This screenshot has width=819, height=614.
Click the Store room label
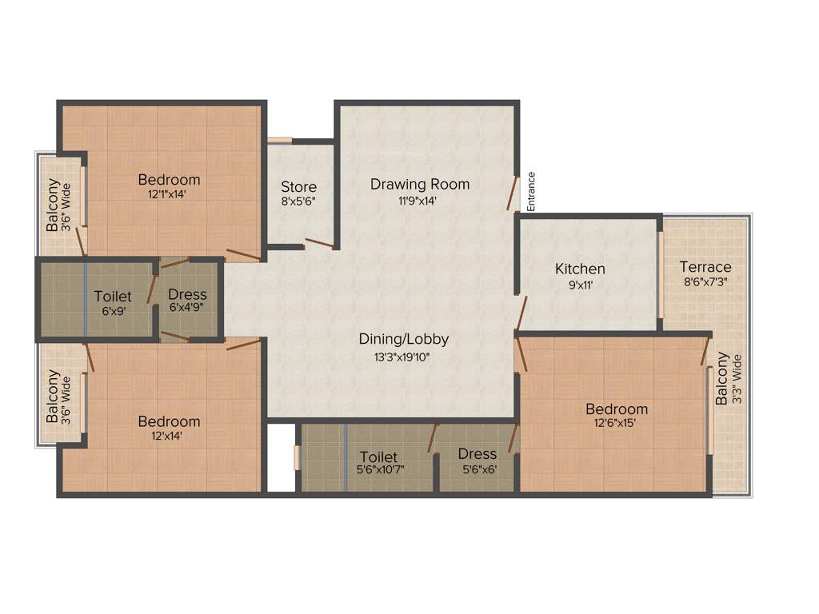(x=298, y=187)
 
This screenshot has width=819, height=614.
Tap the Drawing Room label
(x=420, y=184)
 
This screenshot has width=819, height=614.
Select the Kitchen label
(x=580, y=269)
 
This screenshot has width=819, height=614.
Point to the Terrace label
(x=705, y=266)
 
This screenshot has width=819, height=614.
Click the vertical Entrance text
(x=531, y=192)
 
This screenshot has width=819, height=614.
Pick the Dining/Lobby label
(x=404, y=339)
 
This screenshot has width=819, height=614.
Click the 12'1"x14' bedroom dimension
(x=168, y=193)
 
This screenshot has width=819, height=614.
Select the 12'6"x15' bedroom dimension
(x=614, y=423)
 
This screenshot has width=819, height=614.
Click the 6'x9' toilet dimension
(x=113, y=311)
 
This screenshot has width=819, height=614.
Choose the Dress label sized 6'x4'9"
(x=187, y=294)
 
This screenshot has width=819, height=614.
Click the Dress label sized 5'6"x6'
(x=477, y=454)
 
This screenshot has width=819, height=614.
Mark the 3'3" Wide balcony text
(x=737, y=379)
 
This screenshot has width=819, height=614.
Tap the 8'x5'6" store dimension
(x=298, y=202)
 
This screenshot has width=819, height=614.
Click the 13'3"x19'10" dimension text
(x=404, y=357)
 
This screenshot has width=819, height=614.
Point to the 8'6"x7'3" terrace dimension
(x=705, y=281)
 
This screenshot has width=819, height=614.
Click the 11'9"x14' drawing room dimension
(x=420, y=201)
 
